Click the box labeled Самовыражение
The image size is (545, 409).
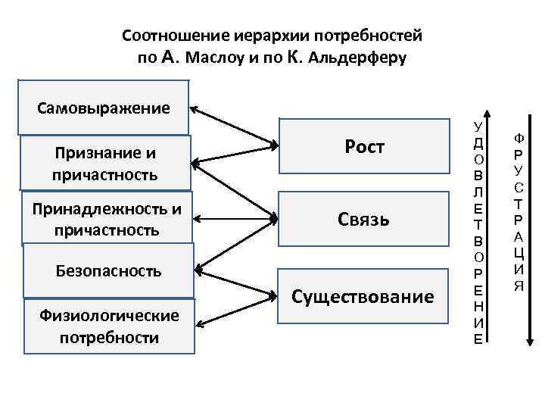pyautogui.click(x=104, y=108)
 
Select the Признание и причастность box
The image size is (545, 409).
pyautogui.click(x=105, y=164)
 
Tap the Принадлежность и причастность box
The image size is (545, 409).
pyautogui.click(x=107, y=219)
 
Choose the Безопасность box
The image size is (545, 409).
pyautogui.click(x=109, y=270)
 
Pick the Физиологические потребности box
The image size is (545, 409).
pyautogui.click(x=109, y=326)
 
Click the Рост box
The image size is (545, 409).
pyautogui.click(x=364, y=147)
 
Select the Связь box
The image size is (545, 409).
pyautogui.click(x=364, y=220)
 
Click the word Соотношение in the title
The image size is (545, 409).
pyautogui.click(x=167, y=36)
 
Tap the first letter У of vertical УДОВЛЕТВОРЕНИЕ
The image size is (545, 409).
pyautogui.click(x=476, y=125)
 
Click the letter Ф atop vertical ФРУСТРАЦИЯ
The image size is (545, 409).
pyautogui.click(x=519, y=139)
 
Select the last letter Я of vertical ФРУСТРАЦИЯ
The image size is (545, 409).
pyautogui.click(x=519, y=286)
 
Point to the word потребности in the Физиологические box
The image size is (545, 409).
pyautogui.click(x=109, y=337)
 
